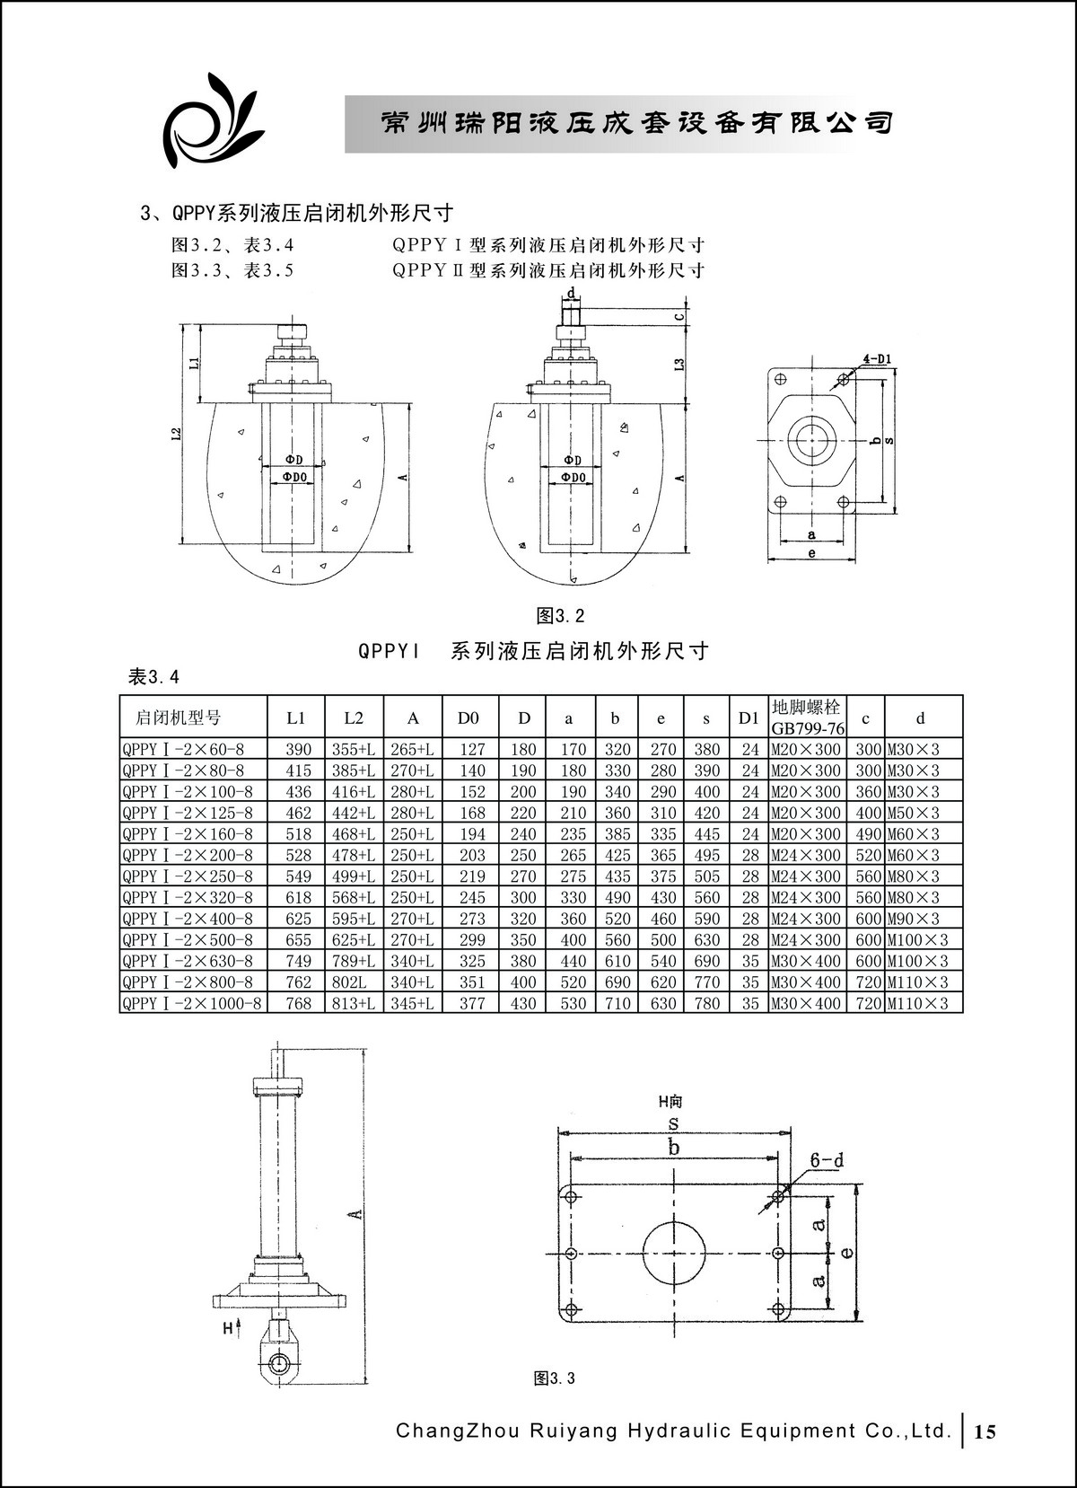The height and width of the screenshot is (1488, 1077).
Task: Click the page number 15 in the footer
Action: click(985, 1431)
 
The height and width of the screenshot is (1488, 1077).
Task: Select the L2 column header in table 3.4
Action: click(354, 718)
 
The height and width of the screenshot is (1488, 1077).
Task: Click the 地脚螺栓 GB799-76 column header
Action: click(807, 718)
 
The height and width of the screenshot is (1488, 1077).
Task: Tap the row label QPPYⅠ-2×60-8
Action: click(183, 749)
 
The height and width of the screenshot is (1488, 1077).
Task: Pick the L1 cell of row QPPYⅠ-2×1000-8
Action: click(298, 1003)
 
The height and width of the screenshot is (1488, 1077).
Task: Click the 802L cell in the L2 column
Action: click(354, 982)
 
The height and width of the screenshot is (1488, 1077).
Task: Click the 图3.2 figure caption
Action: click(560, 616)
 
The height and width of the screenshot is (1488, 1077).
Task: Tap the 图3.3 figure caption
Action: click(554, 1378)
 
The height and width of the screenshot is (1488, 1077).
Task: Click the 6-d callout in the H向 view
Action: click(827, 1160)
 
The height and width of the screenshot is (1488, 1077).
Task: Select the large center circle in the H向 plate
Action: click(674, 1252)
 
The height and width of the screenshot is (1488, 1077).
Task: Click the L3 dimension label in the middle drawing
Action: click(679, 364)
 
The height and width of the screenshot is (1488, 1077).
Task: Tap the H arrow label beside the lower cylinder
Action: click(230, 1328)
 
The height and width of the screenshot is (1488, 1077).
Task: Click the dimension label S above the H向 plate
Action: click(672, 1123)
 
